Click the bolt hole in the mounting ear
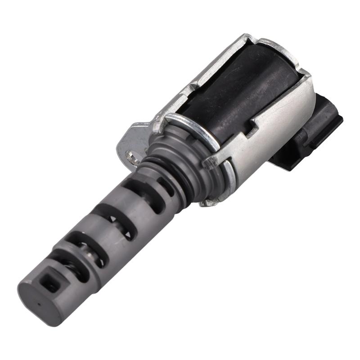click(x=131, y=157)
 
